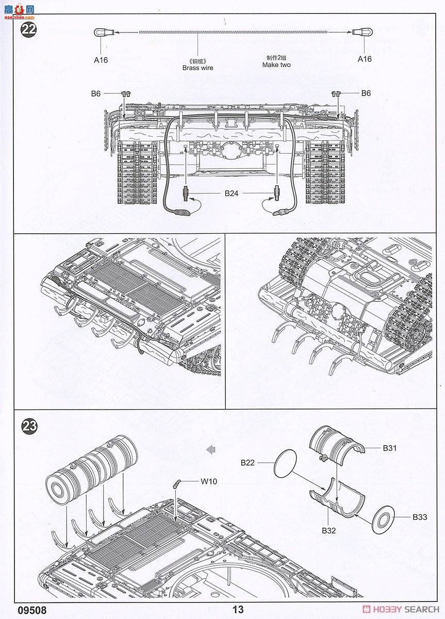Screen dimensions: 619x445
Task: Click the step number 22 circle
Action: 28,29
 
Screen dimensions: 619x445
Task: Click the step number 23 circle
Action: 29,426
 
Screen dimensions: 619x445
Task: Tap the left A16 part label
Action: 101,60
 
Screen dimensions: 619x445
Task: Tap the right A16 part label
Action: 365,59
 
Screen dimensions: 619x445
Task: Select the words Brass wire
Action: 197,68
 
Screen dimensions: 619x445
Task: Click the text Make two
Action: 276,65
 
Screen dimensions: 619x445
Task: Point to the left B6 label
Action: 96,93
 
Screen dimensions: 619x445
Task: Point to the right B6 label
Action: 366,93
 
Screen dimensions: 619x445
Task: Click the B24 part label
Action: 232,194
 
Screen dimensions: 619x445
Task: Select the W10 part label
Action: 209,482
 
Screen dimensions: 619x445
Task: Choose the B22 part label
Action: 248,463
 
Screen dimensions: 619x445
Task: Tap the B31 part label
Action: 390,448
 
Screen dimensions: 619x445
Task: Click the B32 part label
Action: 329,530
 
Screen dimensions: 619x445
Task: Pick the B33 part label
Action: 419,517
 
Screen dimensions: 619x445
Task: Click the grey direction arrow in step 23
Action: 210,450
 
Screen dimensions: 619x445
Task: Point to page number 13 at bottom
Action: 238,610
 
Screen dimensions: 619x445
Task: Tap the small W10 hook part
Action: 177,483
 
